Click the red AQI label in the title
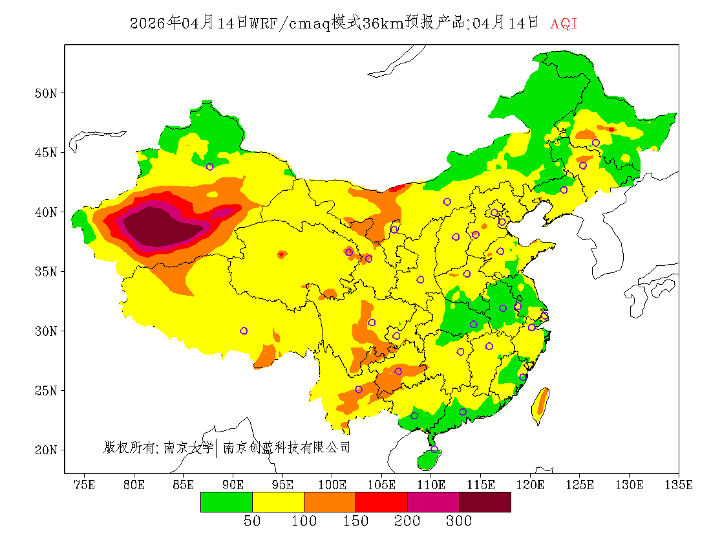coord(563,24)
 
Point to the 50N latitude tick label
coord(46,93)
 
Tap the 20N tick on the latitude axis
coord(46,450)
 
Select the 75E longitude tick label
coord(84,485)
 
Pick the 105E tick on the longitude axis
coord(382,485)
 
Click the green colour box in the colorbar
coord(226,501)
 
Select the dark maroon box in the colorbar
coord(485,501)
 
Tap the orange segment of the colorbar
coord(330,501)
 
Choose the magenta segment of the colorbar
coord(433,501)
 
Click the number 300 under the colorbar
coord(458,522)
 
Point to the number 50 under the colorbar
coord(252,522)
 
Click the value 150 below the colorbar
coord(355,522)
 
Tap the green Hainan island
coord(429,459)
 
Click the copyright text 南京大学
coord(188,447)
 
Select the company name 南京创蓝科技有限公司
coord(286,447)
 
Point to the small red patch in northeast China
coord(611,129)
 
